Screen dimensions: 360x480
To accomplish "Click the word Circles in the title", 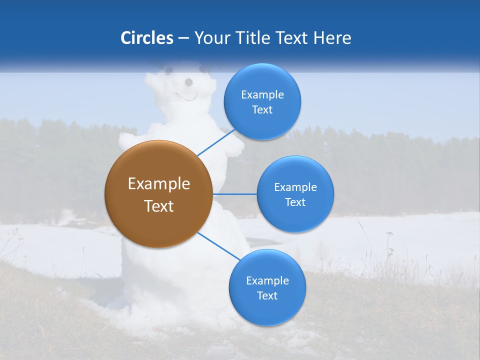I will point(146,38).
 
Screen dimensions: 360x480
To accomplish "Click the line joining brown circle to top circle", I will point(216,142).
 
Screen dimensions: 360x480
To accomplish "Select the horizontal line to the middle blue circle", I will point(234,194).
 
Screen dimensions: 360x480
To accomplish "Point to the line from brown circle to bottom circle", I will point(218,245).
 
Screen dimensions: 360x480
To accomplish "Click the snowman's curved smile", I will point(186,96).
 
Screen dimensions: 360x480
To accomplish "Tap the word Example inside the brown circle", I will point(158,184).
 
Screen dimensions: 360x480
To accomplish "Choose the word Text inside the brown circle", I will point(158,206).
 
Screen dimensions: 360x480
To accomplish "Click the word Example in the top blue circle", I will point(262,95).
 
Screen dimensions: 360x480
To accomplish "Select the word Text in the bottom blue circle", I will point(267,296).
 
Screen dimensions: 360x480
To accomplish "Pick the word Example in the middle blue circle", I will point(295,187).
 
